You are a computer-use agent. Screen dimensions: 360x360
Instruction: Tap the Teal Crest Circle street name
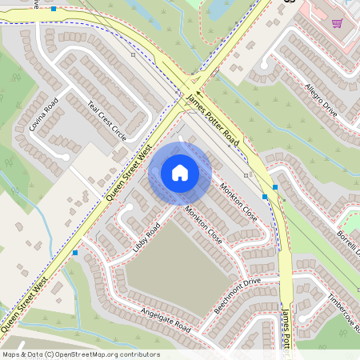click(109, 121)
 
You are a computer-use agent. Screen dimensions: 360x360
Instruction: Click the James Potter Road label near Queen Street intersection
click(211, 121)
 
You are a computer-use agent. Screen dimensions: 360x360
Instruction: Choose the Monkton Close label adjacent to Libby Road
click(203, 225)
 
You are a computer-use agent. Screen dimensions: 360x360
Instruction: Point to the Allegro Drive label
click(320, 100)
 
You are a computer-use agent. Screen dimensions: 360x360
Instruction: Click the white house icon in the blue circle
click(180, 173)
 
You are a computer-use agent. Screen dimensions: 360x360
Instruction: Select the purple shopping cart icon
click(337, 23)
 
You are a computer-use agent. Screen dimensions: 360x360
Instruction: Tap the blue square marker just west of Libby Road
click(75, 253)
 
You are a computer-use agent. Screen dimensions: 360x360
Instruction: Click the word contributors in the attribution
click(136, 354)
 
